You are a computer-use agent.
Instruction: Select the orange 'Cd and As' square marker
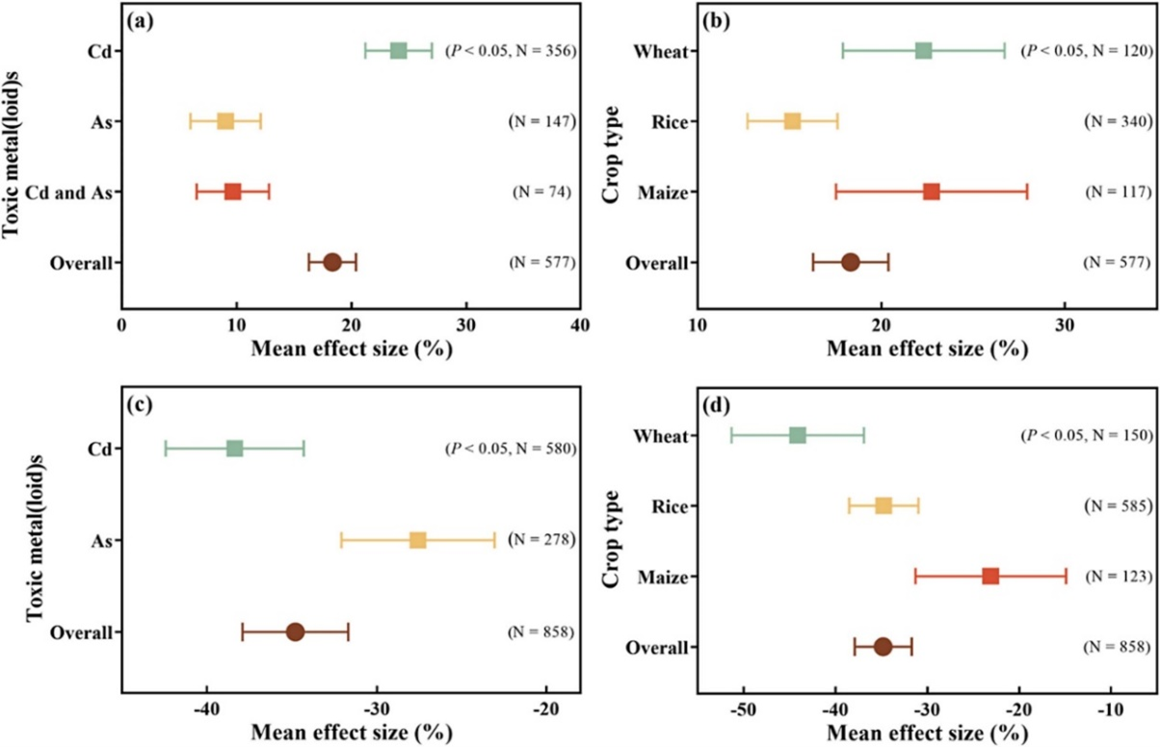click(232, 192)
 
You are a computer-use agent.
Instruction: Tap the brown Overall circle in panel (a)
click(332, 262)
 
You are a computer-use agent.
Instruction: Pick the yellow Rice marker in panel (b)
click(792, 121)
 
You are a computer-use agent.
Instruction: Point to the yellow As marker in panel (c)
click(417, 540)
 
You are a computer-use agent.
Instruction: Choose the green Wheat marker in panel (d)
click(797, 435)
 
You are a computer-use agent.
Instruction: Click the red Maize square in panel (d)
click(990, 577)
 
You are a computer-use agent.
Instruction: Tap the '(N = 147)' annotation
click(541, 121)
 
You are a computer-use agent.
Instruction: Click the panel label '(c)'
click(143, 404)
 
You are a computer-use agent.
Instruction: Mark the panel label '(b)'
click(718, 20)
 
